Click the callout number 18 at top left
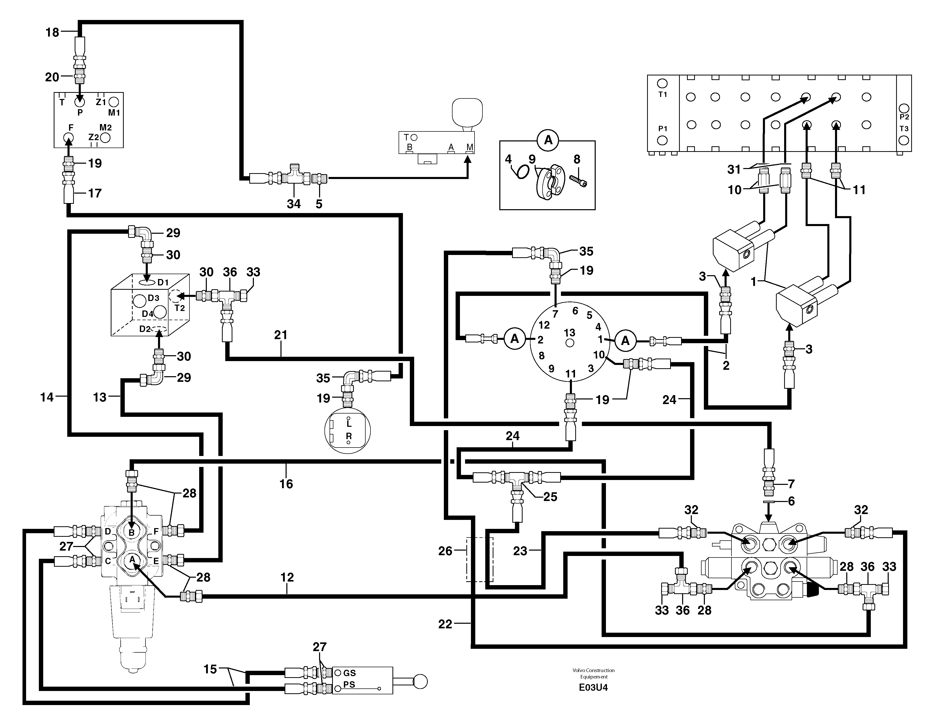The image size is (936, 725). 52,32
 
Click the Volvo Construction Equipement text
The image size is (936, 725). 593,673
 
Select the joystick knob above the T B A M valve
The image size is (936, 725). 467,112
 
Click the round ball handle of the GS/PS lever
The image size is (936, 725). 420,682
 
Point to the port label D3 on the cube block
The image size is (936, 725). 153,298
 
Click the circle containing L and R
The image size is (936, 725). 347,430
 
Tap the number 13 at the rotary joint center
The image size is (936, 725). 569,333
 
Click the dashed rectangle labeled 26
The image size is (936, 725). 480,560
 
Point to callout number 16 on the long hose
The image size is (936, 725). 286,484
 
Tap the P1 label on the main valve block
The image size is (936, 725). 663,129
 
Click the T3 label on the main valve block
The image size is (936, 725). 904,129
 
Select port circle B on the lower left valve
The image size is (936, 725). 132,532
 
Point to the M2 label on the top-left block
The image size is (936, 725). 105,127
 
